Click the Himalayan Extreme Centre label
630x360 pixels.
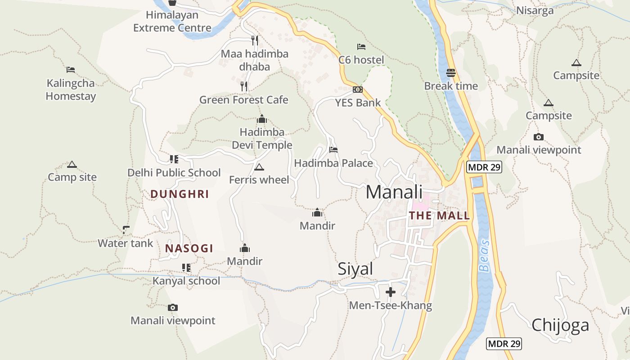(x=172, y=21)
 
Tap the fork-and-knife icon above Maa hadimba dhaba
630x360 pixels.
(x=255, y=40)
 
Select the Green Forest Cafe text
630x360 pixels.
(x=243, y=99)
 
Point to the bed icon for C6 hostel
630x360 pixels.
(x=361, y=46)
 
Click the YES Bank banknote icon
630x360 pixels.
(x=358, y=90)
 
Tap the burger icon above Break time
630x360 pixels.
(x=451, y=72)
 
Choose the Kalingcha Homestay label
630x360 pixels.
(x=71, y=90)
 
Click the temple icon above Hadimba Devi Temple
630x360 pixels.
(x=262, y=119)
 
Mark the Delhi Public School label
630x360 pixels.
(x=174, y=173)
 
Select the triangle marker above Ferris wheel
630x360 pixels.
(x=259, y=167)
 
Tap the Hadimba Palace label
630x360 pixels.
(x=333, y=163)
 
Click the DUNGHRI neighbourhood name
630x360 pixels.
(x=180, y=194)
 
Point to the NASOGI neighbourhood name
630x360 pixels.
(x=189, y=248)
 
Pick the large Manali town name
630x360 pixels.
(x=394, y=192)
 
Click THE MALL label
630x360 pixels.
(x=439, y=216)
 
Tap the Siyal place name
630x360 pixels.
(x=355, y=269)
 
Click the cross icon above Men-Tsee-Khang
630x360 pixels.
(x=391, y=292)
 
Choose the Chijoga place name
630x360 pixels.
(x=560, y=325)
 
